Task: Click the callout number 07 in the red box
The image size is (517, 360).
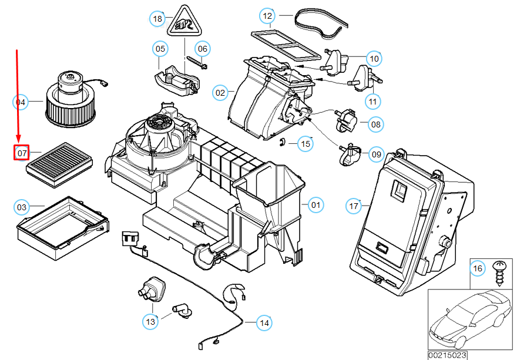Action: click(x=22, y=153)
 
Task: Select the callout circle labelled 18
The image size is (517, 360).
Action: click(x=157, y=19)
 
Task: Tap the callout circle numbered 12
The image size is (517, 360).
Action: click(x=267, y=16)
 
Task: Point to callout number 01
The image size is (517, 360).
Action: click(x=315, y=205)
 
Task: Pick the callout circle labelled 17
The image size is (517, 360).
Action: click(x=354, y=206)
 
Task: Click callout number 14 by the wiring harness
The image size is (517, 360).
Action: click(x=264, y=323)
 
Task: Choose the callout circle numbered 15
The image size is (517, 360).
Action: click(x=305, y=144)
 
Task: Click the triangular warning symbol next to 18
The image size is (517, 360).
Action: click(x=184, y=21)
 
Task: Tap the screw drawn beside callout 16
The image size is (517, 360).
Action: click(x=499, y=273)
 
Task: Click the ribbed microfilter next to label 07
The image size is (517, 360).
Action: click(x=59, y=165)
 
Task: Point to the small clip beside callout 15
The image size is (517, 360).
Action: click(x=282, y=142)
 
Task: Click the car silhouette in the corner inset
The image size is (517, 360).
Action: click(x=471, y=319)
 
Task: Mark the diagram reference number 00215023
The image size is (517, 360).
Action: click(x=448, y=355)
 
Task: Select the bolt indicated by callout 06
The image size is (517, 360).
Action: click(x=197, y=63)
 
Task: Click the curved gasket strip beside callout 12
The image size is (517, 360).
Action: click(x=321, y=23)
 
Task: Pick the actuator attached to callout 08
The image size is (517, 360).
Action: click(x=345, y=119)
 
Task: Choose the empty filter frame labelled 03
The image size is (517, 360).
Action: click(x=63, y=228)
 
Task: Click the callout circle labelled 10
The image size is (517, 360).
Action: click(x=374, y=59)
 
